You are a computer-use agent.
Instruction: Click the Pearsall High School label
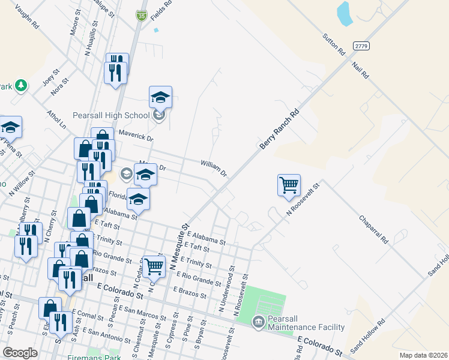coord(111,115)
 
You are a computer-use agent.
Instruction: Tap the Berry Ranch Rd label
coord(279,130)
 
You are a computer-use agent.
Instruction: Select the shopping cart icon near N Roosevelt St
coord(289,185)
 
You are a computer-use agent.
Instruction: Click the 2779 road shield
coord(361,46)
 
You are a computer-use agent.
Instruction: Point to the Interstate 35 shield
coord(142,16)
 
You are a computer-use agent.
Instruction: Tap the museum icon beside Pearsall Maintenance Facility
coord(259,323)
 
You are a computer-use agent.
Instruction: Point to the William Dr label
coord(214,167)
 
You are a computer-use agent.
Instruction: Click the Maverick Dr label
coord(136,135)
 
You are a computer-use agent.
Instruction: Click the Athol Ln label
coord(56,118)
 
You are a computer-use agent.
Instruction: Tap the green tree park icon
coord(22,85)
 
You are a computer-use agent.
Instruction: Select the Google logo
coord(20,353)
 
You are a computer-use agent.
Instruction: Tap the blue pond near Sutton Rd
coord(344,13)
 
